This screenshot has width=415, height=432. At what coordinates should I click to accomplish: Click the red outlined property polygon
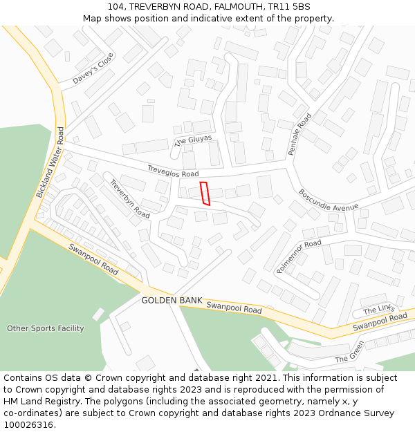click(205, 194)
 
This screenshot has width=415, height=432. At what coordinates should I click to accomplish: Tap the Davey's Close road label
click(93, 69)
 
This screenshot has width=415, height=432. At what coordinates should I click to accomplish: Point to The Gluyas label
click(193, 131)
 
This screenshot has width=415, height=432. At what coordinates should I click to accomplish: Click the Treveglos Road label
click(173, 171)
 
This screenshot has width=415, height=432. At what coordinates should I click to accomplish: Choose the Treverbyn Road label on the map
click(130, 199)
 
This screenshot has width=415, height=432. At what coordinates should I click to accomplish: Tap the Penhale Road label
click(300, 134)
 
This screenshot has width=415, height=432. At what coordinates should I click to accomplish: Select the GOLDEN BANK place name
click(172, 301)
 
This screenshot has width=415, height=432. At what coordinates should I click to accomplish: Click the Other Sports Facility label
click(46, 328)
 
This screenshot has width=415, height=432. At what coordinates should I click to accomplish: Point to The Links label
click(378, 310)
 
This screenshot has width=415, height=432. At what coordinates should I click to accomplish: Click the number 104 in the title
click(116, 6)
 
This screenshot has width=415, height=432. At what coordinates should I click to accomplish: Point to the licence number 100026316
click(28, 425)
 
